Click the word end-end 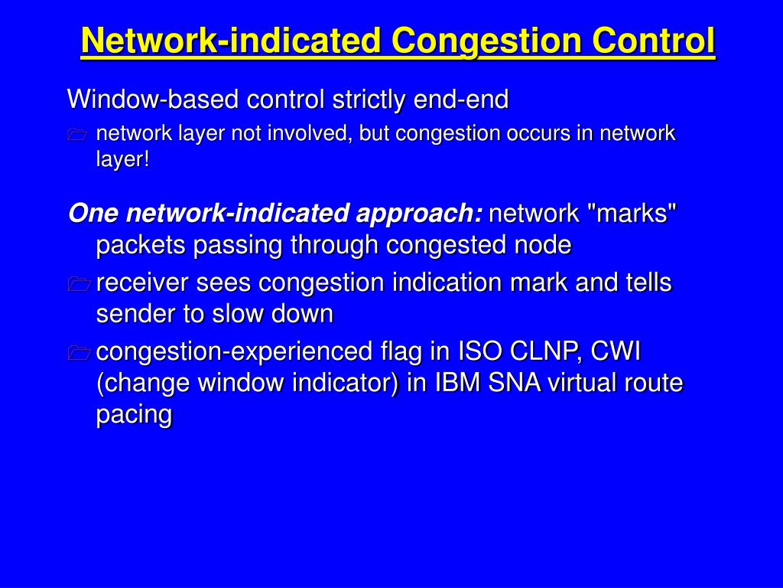(461, 99)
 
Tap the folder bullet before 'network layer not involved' (77, 135)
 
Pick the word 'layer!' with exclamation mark (123, 159)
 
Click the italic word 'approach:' (419, 214)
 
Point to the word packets (141, 246)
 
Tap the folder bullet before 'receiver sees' (79, 283)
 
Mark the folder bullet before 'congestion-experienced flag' (79, 352)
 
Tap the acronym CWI (616, 351)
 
